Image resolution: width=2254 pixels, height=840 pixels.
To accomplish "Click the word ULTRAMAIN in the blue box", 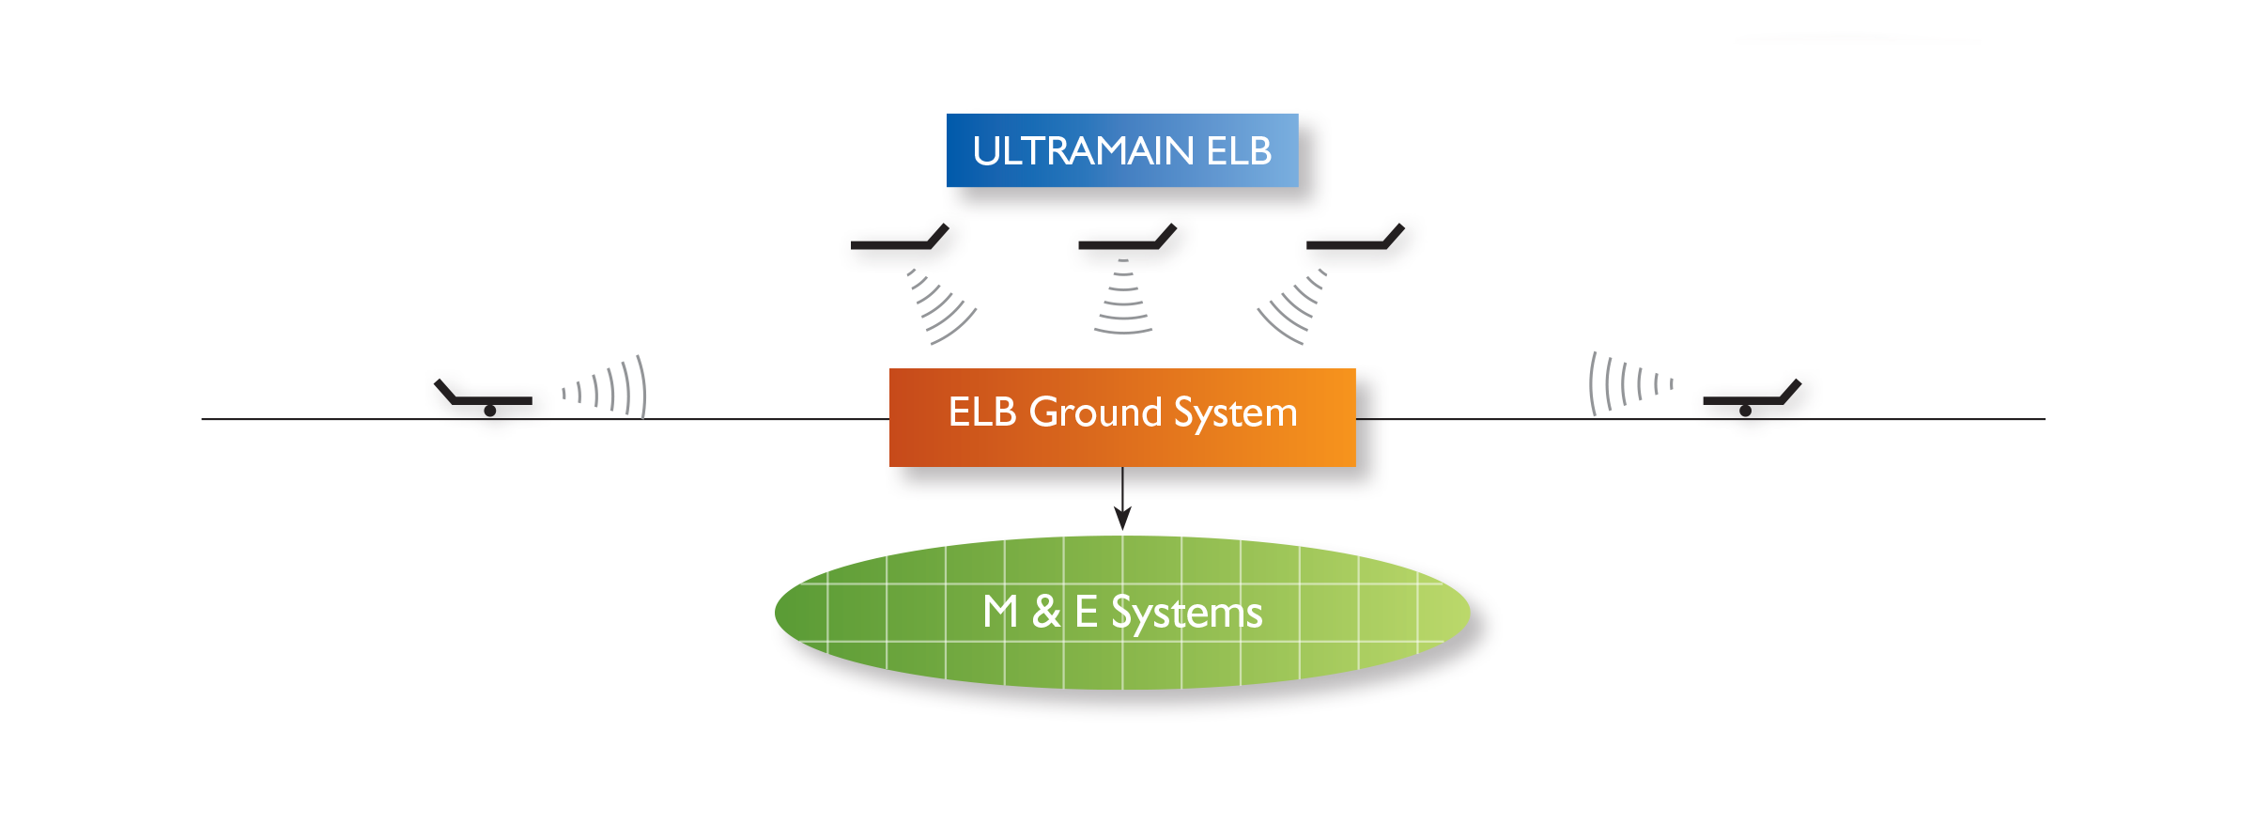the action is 1083,151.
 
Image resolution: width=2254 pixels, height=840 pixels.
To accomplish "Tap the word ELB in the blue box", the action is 1239,151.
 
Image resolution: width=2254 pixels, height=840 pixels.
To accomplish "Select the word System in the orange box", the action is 1236,413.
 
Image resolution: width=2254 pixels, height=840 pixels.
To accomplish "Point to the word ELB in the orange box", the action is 982,412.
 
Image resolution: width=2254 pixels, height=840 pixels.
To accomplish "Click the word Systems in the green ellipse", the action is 1187,614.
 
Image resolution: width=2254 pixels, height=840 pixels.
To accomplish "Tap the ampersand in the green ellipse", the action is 1046,612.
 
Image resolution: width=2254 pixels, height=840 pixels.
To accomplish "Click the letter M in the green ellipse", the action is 1000,612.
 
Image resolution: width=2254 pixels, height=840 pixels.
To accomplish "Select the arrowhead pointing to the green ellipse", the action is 1122,519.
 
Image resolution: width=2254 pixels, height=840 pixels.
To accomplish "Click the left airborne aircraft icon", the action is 900,238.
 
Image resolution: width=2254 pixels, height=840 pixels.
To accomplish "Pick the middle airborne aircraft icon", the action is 1128,238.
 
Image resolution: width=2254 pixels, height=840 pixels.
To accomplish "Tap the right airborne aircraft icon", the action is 1355,238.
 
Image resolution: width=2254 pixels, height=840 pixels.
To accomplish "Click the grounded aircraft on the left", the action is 484,397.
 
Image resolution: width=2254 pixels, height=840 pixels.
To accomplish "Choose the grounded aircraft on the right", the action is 1752,397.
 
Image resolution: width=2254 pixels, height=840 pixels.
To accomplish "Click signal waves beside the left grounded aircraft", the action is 606,387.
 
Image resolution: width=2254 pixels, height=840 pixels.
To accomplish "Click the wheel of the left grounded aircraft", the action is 490,411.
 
